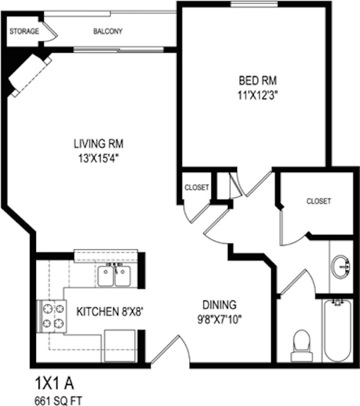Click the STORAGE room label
pos(24,31)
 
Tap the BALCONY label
pos(108,31)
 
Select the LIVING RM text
pos(98,144)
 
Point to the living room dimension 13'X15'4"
pos(98,159)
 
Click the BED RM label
pos(257,80)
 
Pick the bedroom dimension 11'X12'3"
pos(258,95)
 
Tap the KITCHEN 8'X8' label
pos(110,311)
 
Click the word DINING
pos(220,305)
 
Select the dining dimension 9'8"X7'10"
pos(220,320)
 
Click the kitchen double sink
pos(114,275)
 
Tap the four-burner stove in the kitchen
pos(52,316)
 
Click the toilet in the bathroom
pos(302,345)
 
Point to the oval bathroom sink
pos(341,266)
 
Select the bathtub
pos(338,330)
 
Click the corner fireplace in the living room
pos(29,75)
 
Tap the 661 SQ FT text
pos(58,401)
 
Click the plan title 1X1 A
pos(55,383)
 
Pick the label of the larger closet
pos(319,201)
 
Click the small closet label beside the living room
pos(197,187)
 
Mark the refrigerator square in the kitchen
pos(119,345)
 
